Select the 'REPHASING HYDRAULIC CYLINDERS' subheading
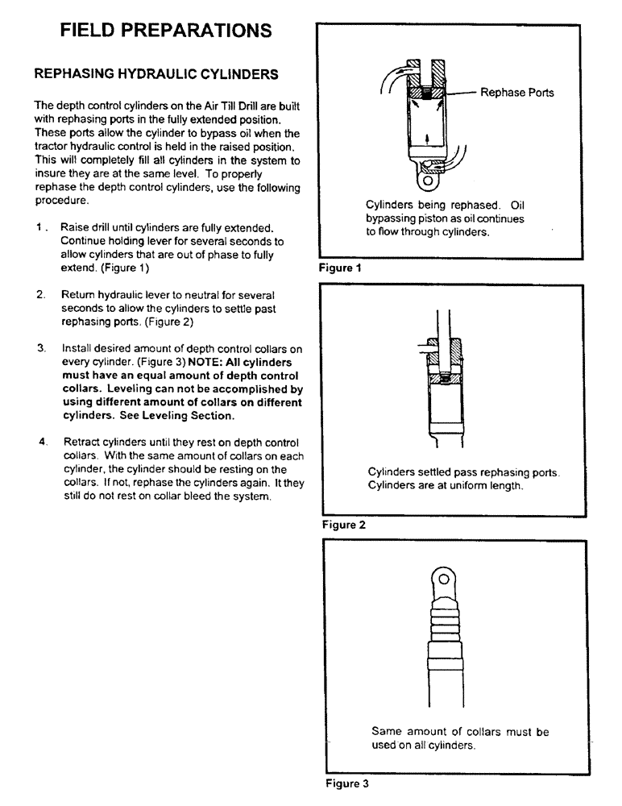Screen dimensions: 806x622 pyautogui.click(x=155, y=74)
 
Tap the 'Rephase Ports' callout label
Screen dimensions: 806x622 pyautogui.click(x=516, y=93)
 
